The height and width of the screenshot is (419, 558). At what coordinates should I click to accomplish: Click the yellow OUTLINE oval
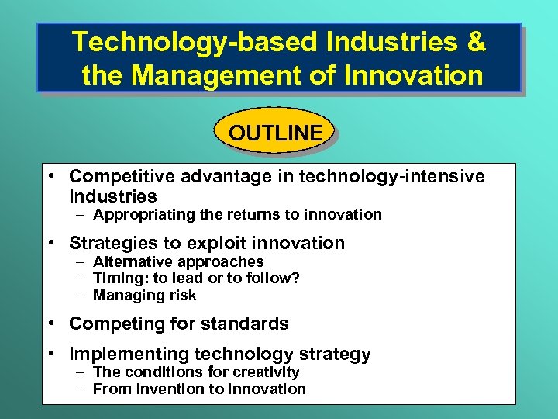275,133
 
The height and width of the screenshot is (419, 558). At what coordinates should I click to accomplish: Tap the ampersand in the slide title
476,43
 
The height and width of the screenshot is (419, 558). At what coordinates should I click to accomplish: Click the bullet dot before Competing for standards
50,324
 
